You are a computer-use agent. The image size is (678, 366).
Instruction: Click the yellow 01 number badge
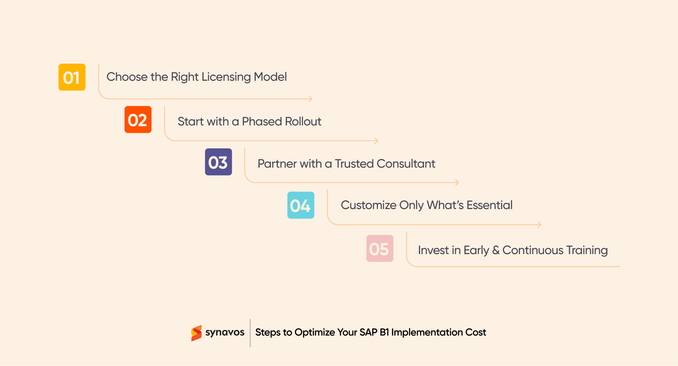[72, 77]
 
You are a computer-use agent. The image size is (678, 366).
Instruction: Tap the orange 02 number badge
[138, 120]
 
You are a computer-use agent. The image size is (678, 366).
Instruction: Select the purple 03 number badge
[218, 162]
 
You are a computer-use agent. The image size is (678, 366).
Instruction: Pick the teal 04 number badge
[301, 205]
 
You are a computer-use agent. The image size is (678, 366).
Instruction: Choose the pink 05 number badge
[380, 248]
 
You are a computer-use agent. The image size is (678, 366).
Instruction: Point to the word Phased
[262, 122]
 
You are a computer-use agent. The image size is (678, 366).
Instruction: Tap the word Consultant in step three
[406, 164]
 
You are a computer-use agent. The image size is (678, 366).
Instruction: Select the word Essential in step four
[489, 205]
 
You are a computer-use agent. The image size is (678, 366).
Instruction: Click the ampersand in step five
[495, 250]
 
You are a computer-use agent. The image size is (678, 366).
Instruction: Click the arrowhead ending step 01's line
[310, 99]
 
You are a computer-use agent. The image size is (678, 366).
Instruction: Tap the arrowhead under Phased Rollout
[376, 141]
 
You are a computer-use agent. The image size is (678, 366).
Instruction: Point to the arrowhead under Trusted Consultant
[457, 183]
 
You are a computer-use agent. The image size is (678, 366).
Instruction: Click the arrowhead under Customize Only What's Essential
[539, 225]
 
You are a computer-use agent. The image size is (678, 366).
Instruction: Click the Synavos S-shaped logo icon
[197, 333]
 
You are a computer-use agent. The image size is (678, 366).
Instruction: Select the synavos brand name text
[225, 332]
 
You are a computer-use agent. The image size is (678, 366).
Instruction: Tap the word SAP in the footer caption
[368, 332]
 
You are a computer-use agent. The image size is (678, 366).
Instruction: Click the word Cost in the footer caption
[476, 332]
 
